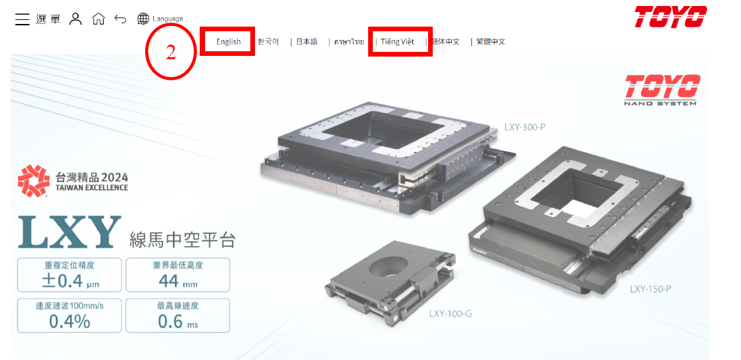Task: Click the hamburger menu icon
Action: [23, 19]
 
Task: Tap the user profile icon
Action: [76, 19]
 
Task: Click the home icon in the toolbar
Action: [98, 19]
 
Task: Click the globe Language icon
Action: [143, 19]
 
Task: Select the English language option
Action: [228, 42]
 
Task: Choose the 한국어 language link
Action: [268, 42]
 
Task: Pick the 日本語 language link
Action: [306, 42]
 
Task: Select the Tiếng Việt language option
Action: [397, 42]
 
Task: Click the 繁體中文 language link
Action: [491, 42]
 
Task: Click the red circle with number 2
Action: [171, 53]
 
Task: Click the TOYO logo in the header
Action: [670, 17]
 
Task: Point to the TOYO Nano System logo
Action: [660, 90]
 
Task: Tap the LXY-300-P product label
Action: [525, 126]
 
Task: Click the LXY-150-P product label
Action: [650, 289]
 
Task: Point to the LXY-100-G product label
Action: [450, 313]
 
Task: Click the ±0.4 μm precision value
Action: [69, 281]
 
